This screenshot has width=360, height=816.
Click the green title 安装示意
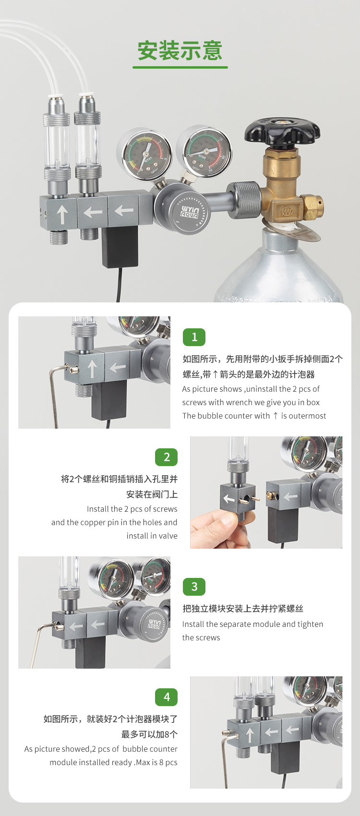(x=180, y=50)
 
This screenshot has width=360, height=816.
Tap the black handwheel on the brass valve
(x=282, y=132)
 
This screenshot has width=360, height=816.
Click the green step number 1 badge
(x=194, y=337)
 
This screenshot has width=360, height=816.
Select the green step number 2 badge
(x=166, y=457)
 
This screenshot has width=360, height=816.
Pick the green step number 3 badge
(x=194, y=587)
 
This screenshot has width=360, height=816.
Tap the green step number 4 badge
(x=166, y=697)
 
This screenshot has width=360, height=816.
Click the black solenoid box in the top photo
(x=120, y=247)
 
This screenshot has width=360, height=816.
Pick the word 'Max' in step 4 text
(x=143, y=762)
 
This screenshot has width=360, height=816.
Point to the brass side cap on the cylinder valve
(x=312, y=206)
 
